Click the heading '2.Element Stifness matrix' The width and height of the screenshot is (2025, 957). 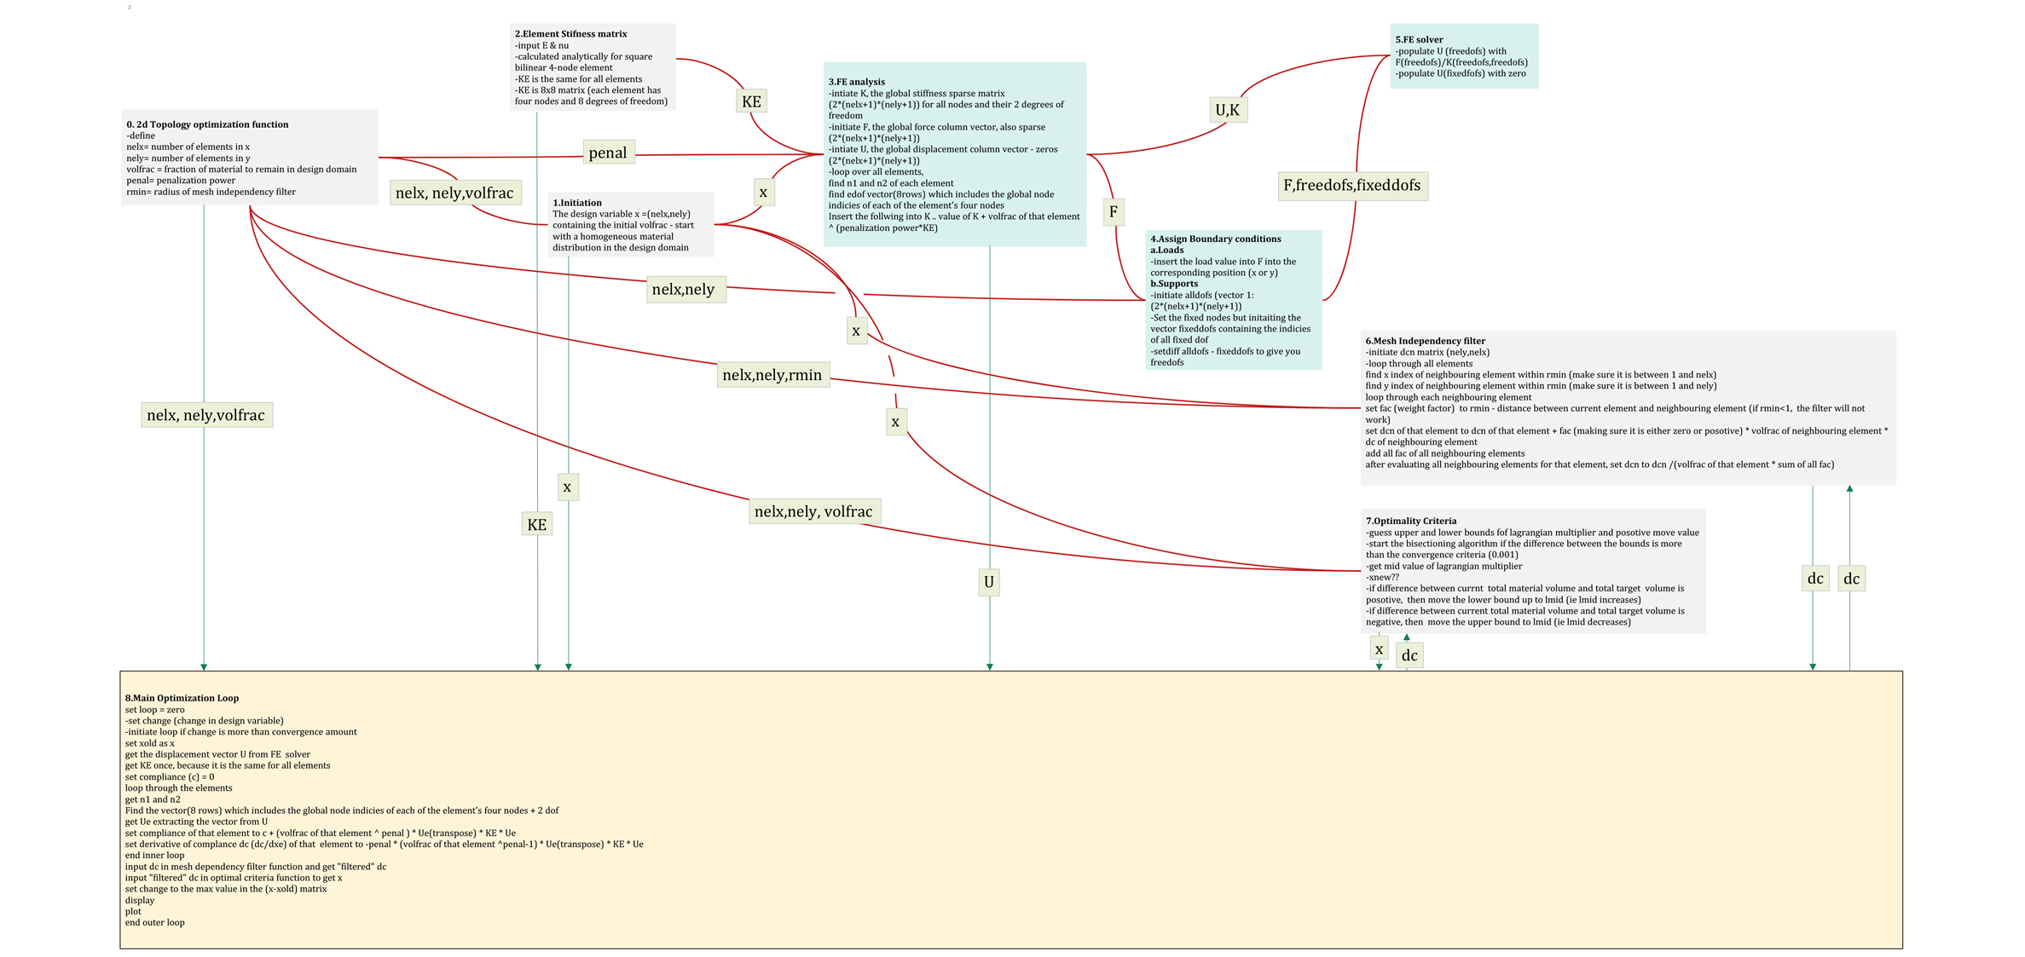pyautogui.click(x=570, y=34)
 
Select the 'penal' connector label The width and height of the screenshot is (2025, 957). pyautogui.click(x=608, y=153)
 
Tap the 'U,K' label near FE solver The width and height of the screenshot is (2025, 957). pyautogui.click(x=1228, y=110)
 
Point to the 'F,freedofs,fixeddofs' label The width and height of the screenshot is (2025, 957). pyautogui.click(x=1352, y=185)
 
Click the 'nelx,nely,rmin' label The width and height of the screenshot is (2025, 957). pyautogui.click(x=772, y=375)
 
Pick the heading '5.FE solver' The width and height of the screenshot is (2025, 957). pyautogui.click(x=1419, y=39)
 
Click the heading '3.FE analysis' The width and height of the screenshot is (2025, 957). pyautogui.click(x=856, y=82)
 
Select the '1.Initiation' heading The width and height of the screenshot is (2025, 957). pyautogui.click(x=577, y=203)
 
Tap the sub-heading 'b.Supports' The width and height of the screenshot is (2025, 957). pyautogui.click(x=1174, y=284)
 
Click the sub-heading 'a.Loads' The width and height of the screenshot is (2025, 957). pyautogui.click(x=1166, y=250)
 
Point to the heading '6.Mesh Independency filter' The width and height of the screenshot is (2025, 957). pyautogui.click(x=1425, y=341)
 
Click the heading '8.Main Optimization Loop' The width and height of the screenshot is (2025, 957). pyautogui.click(x=182, y=698)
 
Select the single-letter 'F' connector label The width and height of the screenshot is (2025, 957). pyautogui.click(x=1114, y=211)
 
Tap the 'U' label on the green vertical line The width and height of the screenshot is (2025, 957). pyautogui.click(x=989, y=582)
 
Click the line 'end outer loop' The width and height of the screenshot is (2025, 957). pyautogui.click(x=154, y=922)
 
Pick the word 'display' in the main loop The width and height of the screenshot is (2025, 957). pyautogui.click(x=140, y=900)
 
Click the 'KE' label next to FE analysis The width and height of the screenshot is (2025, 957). pyautogui.click(x=751, y=101)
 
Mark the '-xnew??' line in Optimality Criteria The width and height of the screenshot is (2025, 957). pyautogui.click(x=1382, y=577)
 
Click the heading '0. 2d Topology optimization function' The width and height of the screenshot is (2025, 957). pyautogui.click(x=207, y=124)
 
